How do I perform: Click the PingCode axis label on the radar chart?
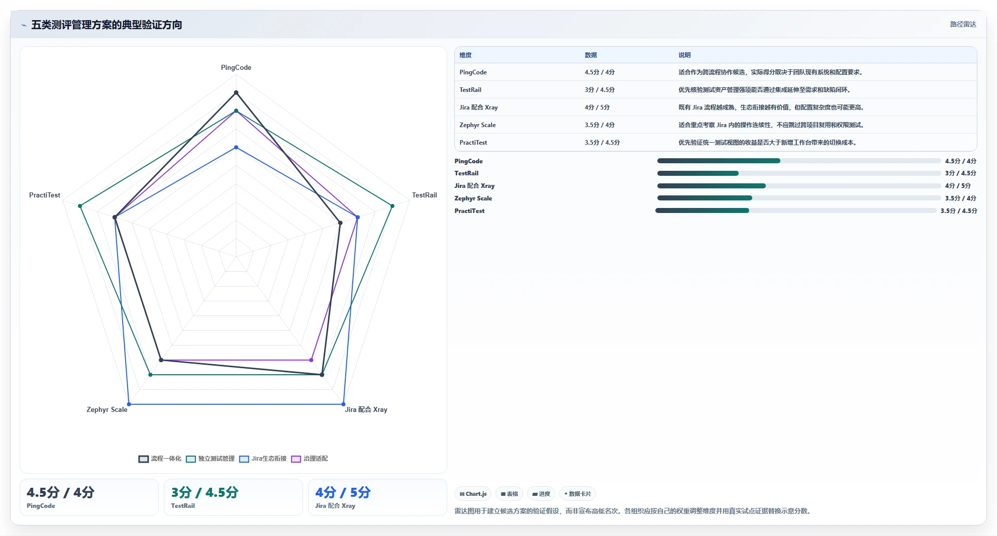tap(236, 67)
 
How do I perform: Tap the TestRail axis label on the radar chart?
tap(425, 195)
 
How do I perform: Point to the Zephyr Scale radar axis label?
tap(107, 409)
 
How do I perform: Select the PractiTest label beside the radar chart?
tap(45, 195)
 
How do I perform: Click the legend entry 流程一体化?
tap(160, 459)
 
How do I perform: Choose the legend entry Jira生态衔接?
tap(263, 459)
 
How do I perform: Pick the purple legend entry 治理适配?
tap(310, 459)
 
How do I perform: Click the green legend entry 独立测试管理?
tap(210, 459)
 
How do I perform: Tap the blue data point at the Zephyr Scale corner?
tap(129, 404)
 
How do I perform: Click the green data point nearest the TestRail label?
tap(392, 206)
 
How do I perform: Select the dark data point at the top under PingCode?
tap(236, 92)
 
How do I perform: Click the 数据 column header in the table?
tap(591, 55)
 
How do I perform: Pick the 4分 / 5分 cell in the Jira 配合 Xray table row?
tap(597, 108)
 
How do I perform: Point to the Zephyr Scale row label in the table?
tap(477, 125)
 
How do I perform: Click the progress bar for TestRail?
tap(799, 173)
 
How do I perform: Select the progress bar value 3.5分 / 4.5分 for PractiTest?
tap(959, 211)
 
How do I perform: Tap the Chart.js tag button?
tap(473, 494)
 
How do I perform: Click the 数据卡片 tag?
tap(577, 494)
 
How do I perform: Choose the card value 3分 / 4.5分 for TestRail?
tap(205, 492)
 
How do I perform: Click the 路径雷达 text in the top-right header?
tap(963, 24)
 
